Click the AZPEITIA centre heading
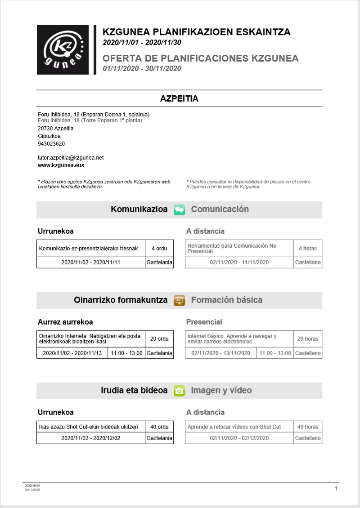point(179,98)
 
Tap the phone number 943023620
point(51,144)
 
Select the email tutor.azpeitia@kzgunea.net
point(71,158)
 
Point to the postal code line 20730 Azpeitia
point(56,129)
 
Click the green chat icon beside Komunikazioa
point(179,209)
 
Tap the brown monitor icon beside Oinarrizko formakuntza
point(179,300)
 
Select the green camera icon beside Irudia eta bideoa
point(179,391)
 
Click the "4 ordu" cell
point(159,248)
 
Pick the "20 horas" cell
point(308,339)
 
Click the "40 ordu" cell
point(159,427)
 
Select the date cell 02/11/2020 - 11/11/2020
point(239,263)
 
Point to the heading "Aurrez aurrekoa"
point(65,322)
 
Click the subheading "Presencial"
point(204,322)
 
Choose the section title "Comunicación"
point(220,209)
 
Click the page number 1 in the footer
point(336,488)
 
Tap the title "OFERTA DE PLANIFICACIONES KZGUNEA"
point(200,58)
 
